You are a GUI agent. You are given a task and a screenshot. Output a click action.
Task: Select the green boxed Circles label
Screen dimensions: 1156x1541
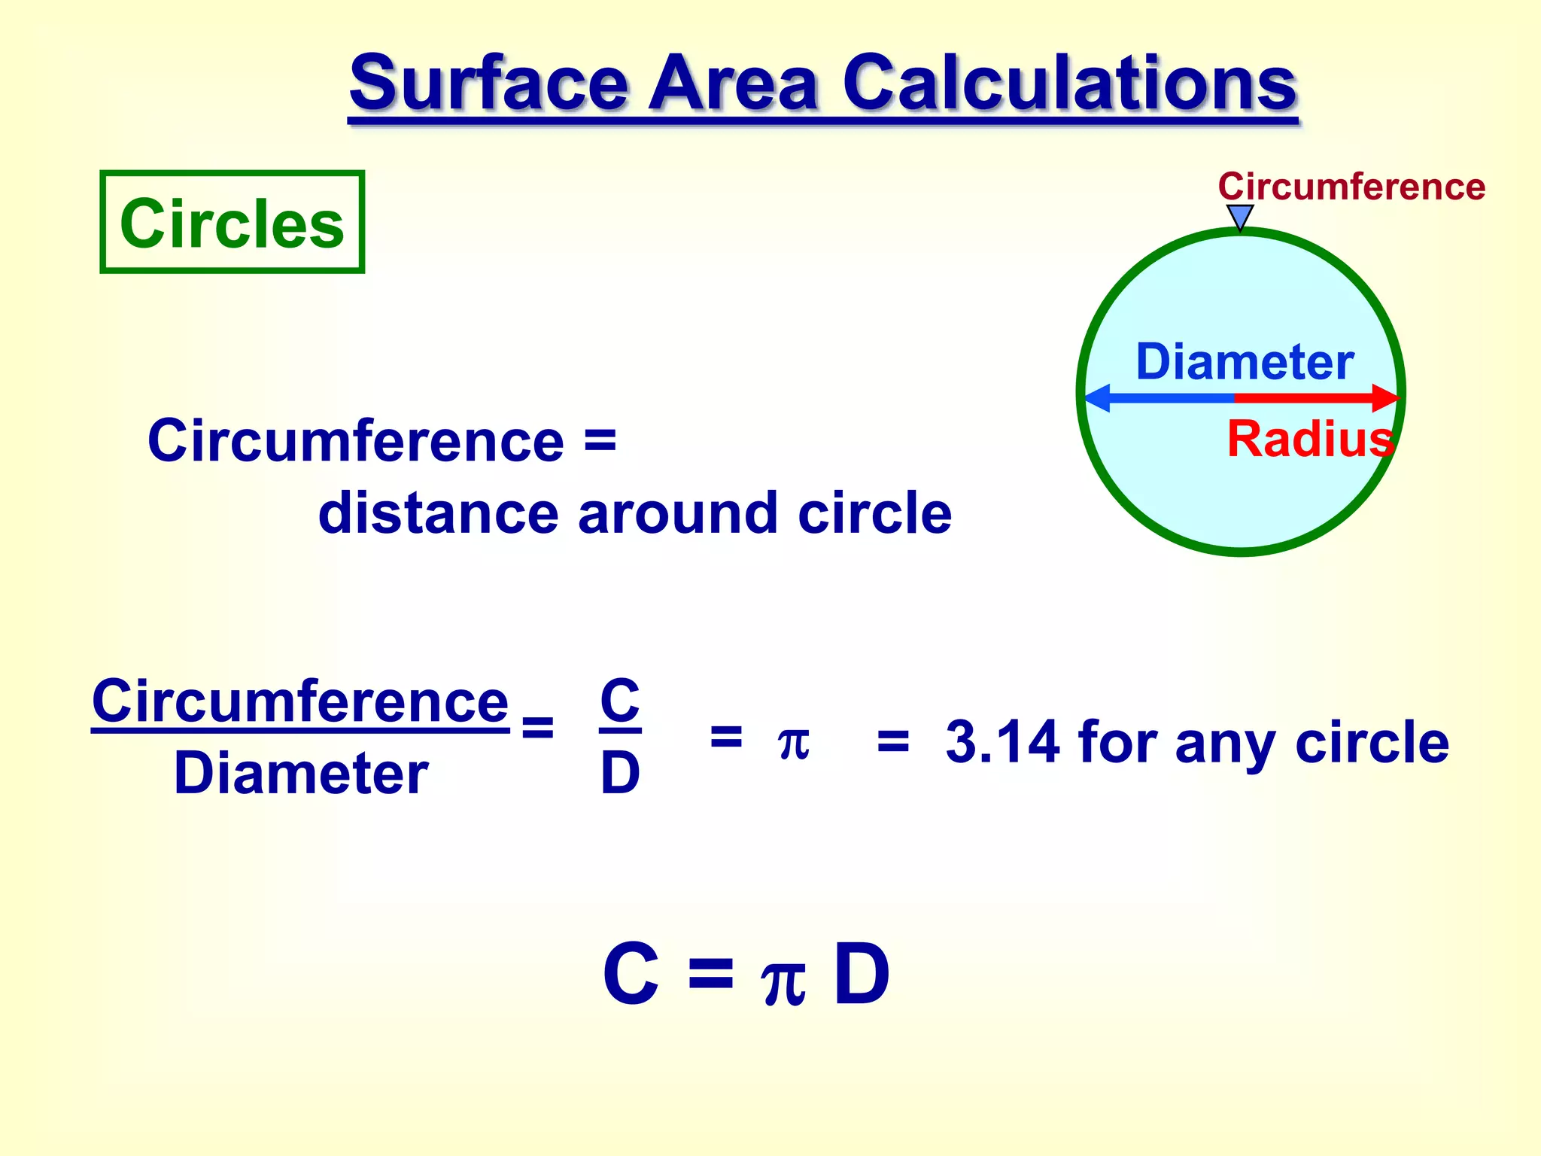pos(232,223)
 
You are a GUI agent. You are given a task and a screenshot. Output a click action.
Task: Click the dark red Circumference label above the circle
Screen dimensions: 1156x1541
pos(1351,187)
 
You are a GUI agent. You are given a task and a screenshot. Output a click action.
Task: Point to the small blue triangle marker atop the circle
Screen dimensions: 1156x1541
pos(1240,216)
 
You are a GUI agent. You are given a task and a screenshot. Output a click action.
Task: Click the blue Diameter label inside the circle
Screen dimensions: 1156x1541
pos(1245,362)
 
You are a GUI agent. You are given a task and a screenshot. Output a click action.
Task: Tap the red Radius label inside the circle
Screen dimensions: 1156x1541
pos(1310,439)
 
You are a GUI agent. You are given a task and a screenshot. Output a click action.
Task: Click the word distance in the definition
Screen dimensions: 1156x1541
pos(438,513)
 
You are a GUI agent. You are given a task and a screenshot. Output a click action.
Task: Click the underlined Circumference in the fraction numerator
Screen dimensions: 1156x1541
pos(300,701)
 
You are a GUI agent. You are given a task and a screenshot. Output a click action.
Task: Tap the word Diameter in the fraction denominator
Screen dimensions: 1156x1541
pos(301,774)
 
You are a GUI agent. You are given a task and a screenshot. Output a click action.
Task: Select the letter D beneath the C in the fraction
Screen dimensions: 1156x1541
pos(620,773)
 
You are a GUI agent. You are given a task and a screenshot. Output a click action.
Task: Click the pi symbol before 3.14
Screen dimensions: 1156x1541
pos(793,743)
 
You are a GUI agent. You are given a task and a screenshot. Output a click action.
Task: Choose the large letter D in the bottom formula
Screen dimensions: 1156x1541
pos(862,975)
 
